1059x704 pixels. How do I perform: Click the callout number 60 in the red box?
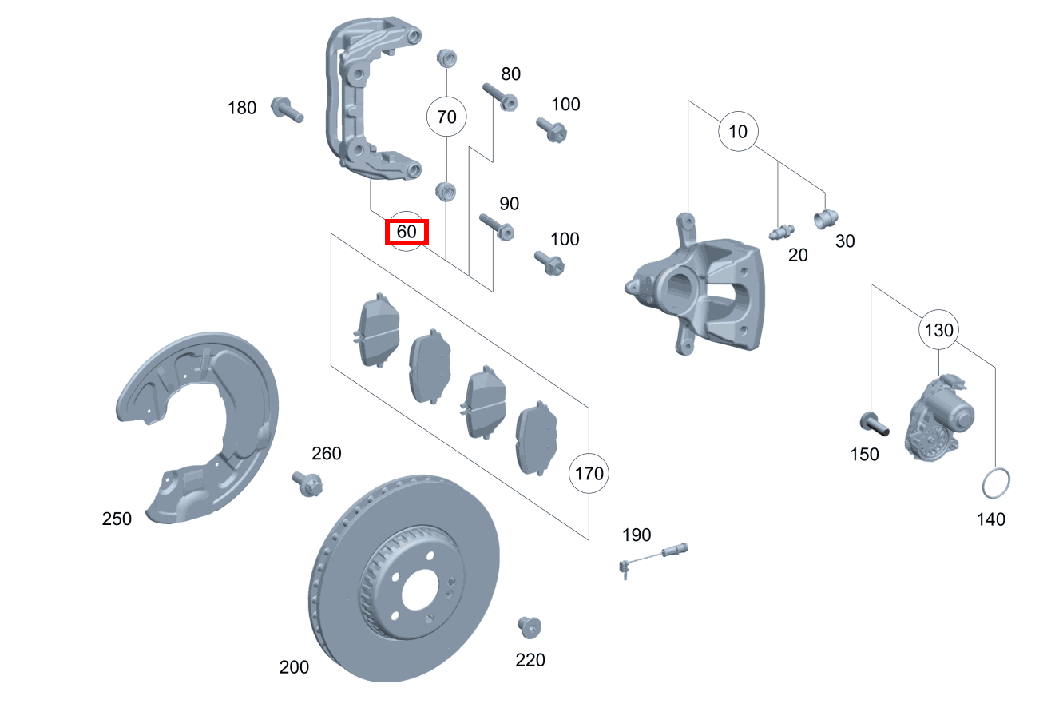[407, 232]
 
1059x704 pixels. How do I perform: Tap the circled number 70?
[446, 117]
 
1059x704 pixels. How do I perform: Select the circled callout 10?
[738, 132]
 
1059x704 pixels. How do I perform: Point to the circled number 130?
[939, 330]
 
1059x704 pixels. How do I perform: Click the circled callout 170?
[589, 473]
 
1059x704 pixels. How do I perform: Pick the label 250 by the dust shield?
[117, 519]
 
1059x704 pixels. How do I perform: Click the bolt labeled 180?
[287, 109]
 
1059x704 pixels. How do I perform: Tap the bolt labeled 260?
[307, 483]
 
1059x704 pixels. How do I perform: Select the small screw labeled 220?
[529, 627]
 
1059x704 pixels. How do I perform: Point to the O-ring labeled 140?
[996, 483]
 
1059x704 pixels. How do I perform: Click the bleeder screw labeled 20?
[782, 232]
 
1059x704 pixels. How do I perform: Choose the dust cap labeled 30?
[826, 219]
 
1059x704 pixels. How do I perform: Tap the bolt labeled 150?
[875, 424]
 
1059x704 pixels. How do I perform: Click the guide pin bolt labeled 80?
[500, 97]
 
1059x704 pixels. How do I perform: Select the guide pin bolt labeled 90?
[497, 227]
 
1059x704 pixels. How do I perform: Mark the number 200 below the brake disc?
[294, 667]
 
